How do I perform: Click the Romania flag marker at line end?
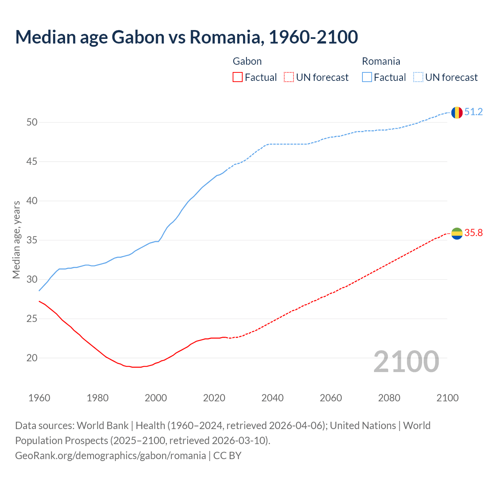(457, 112)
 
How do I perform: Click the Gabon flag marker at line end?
(457, 233)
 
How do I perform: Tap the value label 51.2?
(473, 112)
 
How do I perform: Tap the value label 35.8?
(473, 233)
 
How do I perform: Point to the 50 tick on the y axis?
(32, 122)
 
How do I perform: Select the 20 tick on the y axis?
(32, 358)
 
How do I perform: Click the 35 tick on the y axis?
(32, 240)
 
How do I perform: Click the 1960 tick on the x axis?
(39, 398)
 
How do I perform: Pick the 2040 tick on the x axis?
(272, 398)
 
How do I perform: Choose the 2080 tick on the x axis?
(389, 398)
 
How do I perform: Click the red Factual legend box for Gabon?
(238, 77)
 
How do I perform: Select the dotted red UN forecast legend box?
(289, 77)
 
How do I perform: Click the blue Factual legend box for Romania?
(367, 77)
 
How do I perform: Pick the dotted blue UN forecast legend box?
(418, 77)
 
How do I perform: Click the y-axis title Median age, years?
(16, 240)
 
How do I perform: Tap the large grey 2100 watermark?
(406, 361)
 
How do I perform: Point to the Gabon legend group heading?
(247, 61)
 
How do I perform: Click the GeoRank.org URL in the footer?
(110, 456)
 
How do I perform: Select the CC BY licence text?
(227, 456)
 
